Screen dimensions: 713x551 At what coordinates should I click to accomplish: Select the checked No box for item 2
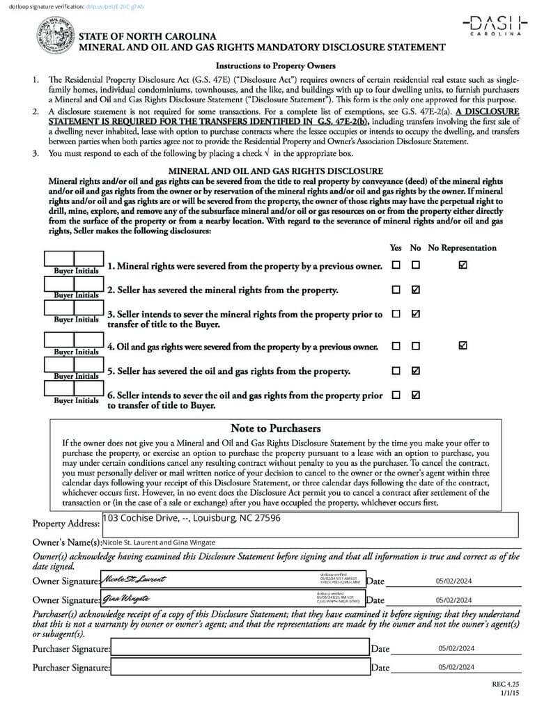coord(416,290)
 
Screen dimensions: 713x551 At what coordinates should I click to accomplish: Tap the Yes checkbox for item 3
coord(396,314)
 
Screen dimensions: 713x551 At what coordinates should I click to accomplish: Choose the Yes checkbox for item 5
coord(396,370)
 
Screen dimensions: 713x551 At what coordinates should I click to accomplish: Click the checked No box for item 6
coord(416,395)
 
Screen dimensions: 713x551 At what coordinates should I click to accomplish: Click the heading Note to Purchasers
coord(275,428)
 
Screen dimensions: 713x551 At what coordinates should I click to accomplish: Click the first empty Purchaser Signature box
coord(240,648)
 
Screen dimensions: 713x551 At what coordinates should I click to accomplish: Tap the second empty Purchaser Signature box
coord(240,667)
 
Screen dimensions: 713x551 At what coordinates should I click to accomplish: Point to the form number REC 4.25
coord(506,686)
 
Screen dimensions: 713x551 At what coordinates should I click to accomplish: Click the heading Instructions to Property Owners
coord(275,66)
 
